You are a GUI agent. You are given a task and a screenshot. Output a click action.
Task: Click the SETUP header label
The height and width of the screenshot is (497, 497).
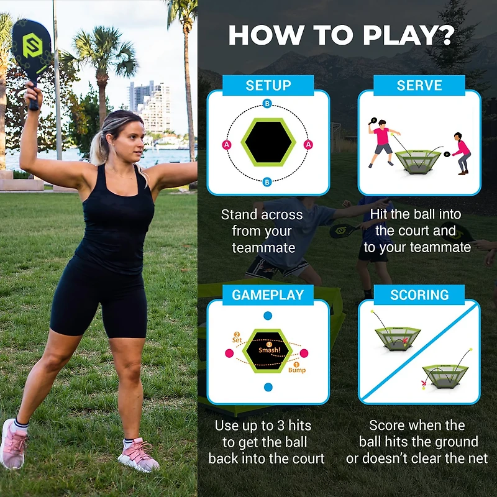click(268, 86)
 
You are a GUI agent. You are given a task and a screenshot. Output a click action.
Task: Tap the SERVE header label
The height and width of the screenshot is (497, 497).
click(419, 86)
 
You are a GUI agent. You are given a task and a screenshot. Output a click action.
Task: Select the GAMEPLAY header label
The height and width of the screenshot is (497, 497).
click(268, 295)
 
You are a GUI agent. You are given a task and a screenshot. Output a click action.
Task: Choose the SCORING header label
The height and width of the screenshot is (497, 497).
click(419, 295)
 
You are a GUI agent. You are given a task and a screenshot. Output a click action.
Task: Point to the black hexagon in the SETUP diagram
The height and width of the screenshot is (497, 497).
click(268, 142)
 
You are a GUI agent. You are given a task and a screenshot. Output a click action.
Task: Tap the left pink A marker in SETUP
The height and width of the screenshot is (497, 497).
click(226, 144)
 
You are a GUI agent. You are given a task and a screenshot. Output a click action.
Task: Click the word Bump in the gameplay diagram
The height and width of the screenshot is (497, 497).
click(296, 370)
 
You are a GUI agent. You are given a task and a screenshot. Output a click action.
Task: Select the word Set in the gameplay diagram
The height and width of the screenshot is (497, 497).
click(237, 340)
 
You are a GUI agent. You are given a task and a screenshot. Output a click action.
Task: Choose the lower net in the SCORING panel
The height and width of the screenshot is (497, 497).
click(445, 375)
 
